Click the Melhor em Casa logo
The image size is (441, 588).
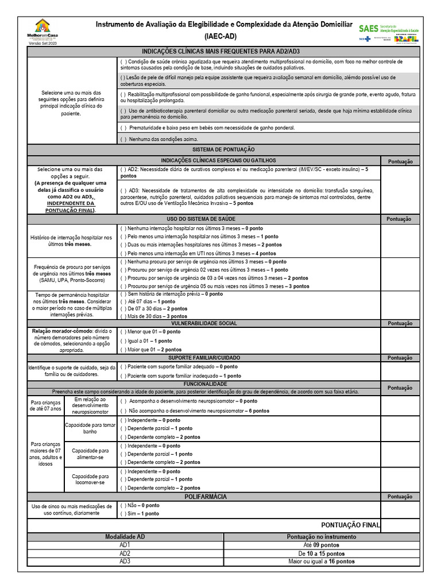click(x=42, y=29)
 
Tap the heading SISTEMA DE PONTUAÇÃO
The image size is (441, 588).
click(x=204, y=149)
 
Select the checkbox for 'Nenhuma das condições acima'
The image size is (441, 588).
click(x=123, y=139)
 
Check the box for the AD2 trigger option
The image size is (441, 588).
click(x=123, y=170)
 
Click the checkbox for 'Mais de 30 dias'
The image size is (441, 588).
click(x=123, y=316)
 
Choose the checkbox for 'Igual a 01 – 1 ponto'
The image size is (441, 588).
click(x=123, y=341)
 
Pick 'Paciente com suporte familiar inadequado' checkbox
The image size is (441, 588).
click(x=123, y=376)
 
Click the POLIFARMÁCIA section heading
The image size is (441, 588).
click(x=204, y=496)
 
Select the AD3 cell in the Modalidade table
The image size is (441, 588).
click(x=125, y=561)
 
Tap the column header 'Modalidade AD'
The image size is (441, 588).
click(x=125, y=536)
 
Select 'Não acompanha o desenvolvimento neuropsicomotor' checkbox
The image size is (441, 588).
click(x=123, y=411)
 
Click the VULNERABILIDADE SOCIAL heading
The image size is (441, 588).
click(x=204, y=323)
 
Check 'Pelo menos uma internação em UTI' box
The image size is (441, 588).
click(x=123, y=253)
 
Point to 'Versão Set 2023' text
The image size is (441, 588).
click(x=42, y=44)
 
